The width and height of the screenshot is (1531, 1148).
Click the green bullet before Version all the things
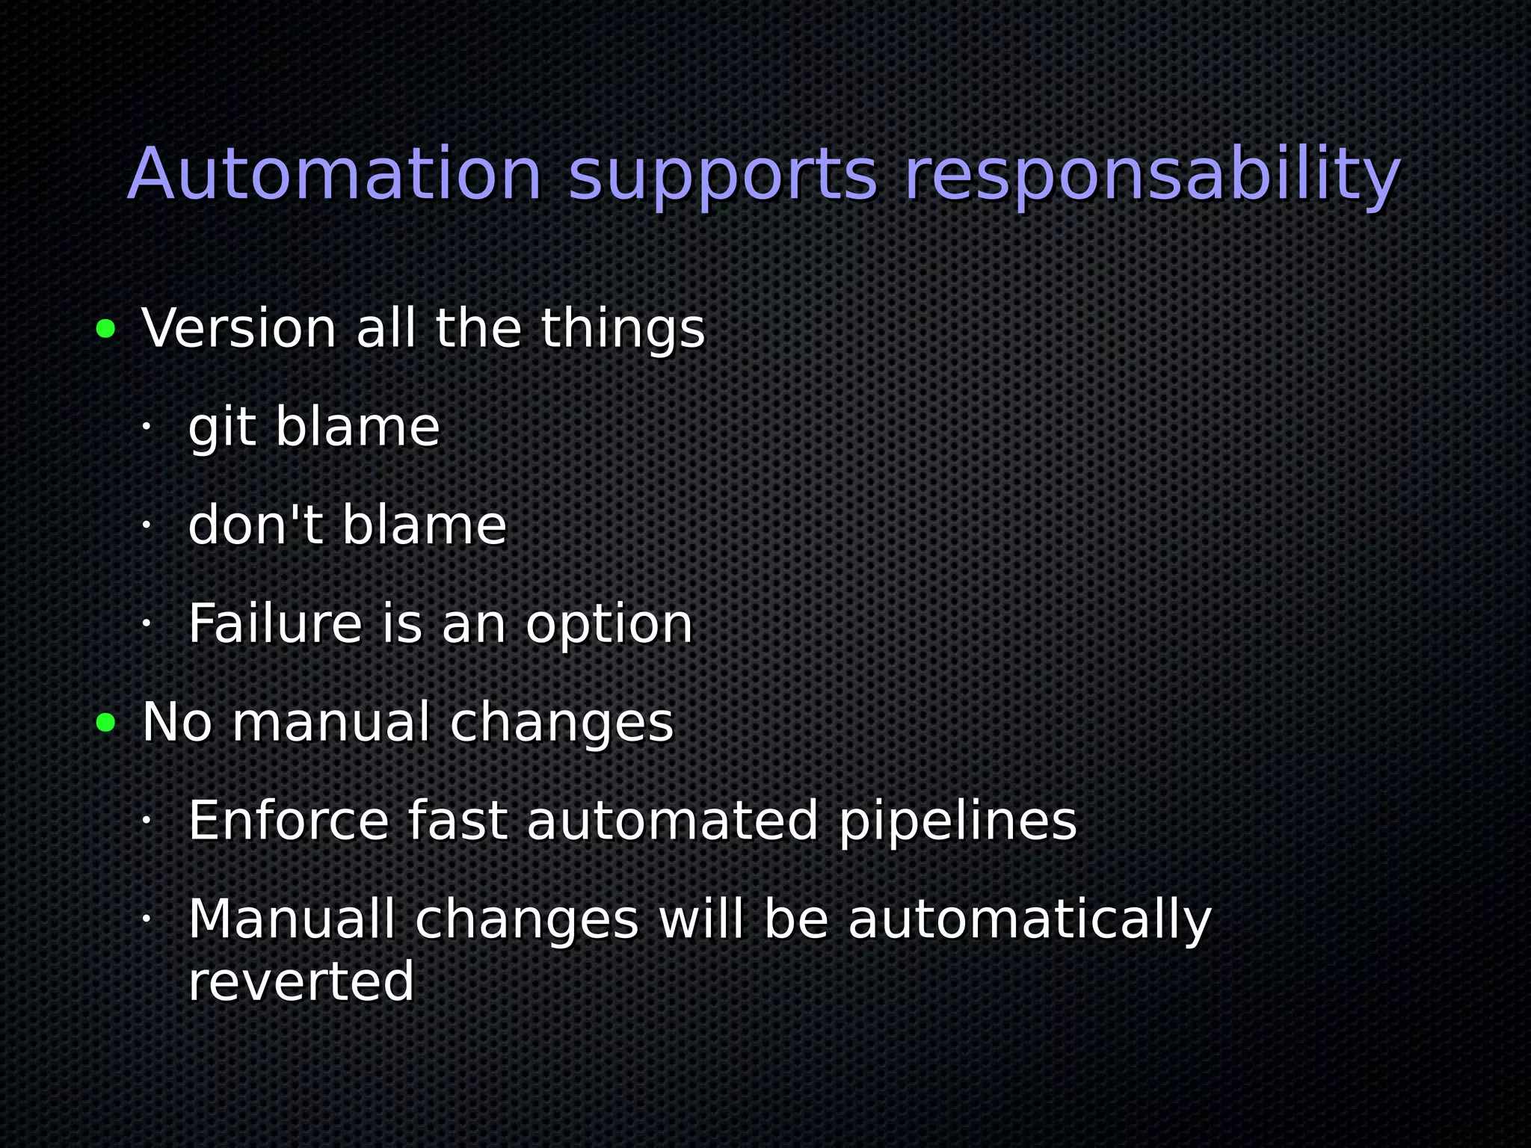tap(106, 328)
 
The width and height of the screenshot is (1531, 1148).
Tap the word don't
tap(255, 525)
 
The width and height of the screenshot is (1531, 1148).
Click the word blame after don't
tap(424, 525)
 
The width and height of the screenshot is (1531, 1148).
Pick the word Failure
tap(274, 623)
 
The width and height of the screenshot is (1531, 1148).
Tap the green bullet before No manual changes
tap(106, 722)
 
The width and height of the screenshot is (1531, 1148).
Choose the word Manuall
tap(292, 919)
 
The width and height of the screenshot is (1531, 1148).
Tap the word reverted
tap(301, 981)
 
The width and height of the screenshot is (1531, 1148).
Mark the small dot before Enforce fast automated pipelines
tap(147, 820)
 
